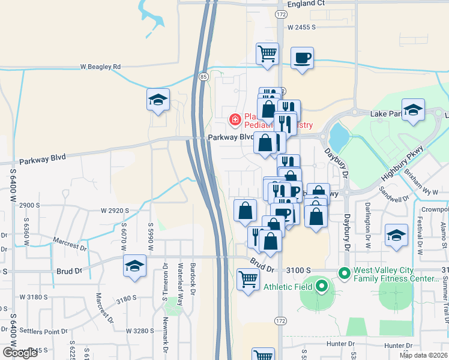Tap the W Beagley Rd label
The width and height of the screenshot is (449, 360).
[101, 67]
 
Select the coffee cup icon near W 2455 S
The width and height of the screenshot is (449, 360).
[302, 58]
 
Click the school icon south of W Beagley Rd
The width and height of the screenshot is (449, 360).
[158, 100]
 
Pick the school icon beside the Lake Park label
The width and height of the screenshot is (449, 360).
[413, 110]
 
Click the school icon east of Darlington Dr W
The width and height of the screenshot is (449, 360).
[396, 235]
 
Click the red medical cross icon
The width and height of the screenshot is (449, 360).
[235, 120]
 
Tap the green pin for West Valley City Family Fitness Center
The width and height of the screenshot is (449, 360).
[344, 274]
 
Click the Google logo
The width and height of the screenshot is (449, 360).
[20, 352]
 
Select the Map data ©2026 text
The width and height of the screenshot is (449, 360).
[423, 355]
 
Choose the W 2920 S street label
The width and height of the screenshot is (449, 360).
[115, 211]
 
